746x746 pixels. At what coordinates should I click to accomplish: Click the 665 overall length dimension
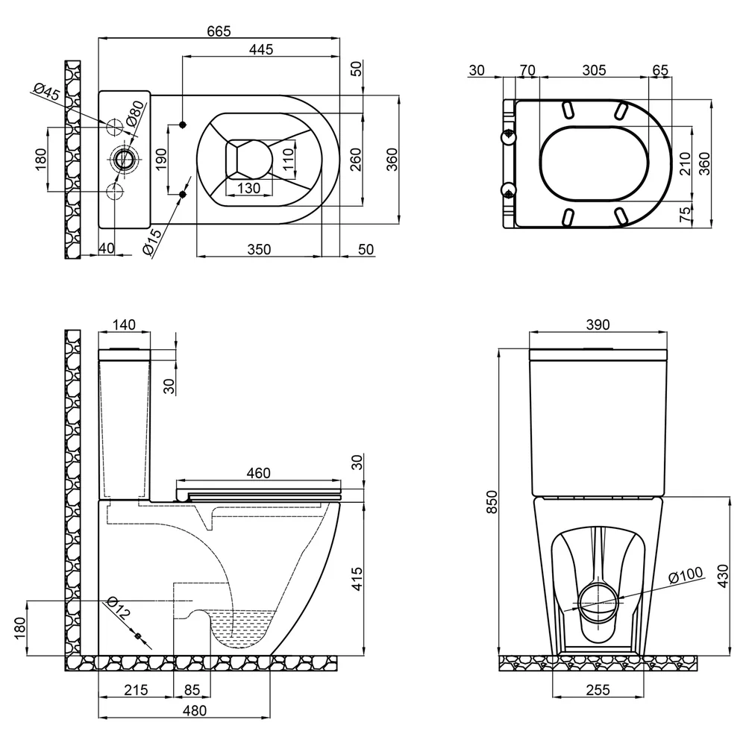click(x=219, y=31)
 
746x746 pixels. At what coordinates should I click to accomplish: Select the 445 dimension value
click(x=261, y=49)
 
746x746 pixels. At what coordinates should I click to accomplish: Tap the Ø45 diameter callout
click(x=47, y=91)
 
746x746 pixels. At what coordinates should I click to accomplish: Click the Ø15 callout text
click(x=152, y=242)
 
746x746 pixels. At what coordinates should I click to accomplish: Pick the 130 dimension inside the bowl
click(x=248, y=188)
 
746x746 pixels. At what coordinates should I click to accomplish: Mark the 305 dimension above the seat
click(x=595, y=70)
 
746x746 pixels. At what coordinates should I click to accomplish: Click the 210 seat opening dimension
click(x=685, y=163)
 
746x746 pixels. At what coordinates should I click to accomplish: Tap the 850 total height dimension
click(x=492, y=501)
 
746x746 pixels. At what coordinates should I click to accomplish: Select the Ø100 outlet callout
click(x=686, y=574)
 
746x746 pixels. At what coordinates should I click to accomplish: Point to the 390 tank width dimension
click(x=598, y=325)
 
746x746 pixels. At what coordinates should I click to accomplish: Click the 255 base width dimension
click(x=598, y=689)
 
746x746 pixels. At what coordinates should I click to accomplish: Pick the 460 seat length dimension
click(x=258, y=473)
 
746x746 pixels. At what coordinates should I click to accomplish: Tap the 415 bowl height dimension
click(x=357, y=579)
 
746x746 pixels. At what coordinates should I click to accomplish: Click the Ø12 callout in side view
click(x=118, y=608)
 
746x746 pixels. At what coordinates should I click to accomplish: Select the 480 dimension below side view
click(x=195, y=710)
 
